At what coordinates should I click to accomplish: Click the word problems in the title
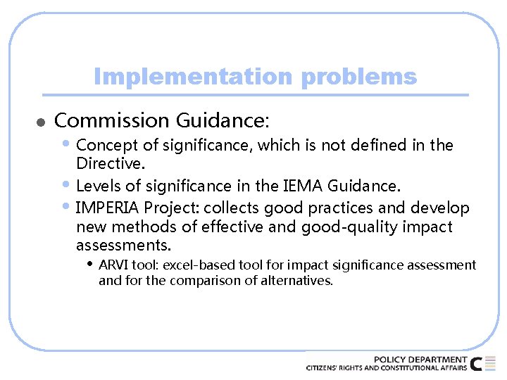click(358, 76)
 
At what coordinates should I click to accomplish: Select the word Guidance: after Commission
click(223, 121)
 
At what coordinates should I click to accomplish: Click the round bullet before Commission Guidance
click(41, 122)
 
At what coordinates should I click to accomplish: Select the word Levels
click(96, 186)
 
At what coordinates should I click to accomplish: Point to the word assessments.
click(123, 246)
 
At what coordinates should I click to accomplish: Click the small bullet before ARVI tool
click(89, 265)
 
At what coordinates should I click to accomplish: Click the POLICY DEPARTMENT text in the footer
click(420, 360)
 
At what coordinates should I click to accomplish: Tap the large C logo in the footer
click(477, 364)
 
